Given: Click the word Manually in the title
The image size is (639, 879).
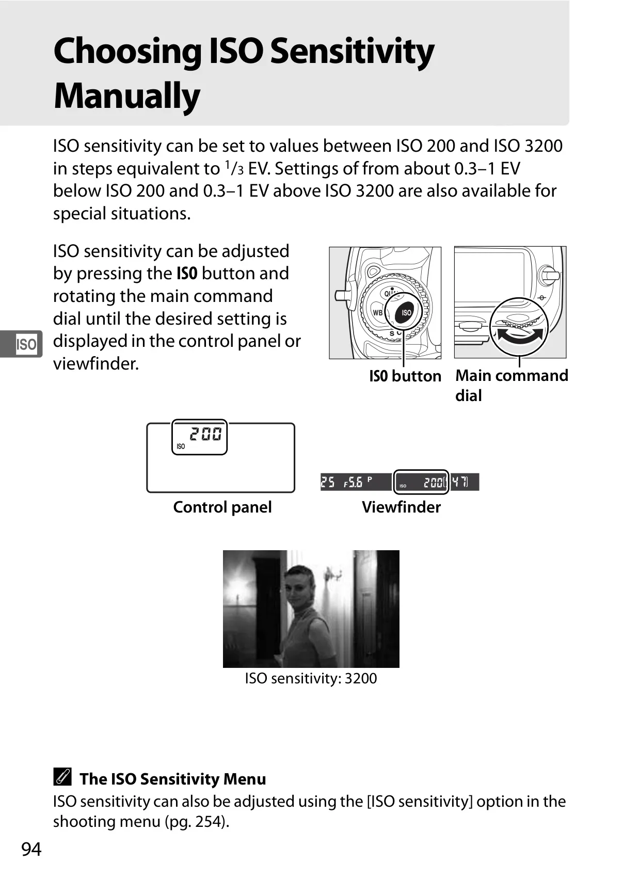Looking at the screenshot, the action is [127, 97].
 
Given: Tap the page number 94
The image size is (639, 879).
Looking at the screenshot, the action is [31, 849].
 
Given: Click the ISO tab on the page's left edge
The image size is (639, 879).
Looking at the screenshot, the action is [26, 344].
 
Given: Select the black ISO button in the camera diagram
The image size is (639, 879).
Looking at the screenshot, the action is [406, 313].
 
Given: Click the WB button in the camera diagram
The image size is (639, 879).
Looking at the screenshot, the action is [378, 313].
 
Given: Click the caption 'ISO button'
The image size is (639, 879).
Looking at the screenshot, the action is [405, 376].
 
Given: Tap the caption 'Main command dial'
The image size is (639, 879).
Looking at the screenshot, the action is [512, 386].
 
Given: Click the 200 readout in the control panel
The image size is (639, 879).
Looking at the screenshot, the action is [205, 434].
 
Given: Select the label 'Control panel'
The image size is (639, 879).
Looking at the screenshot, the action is [222, 507].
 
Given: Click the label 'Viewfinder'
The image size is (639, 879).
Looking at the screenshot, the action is [401, 507].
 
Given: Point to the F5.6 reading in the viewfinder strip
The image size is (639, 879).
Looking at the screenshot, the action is [353, 483].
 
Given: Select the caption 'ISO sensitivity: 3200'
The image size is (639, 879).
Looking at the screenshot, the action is [311, 678].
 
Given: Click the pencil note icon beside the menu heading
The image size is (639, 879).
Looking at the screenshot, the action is [62, 777].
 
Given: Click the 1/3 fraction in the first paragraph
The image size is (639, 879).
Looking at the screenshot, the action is [234, 168].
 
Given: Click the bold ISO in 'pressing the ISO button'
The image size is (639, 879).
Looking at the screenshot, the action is [187, 273].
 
